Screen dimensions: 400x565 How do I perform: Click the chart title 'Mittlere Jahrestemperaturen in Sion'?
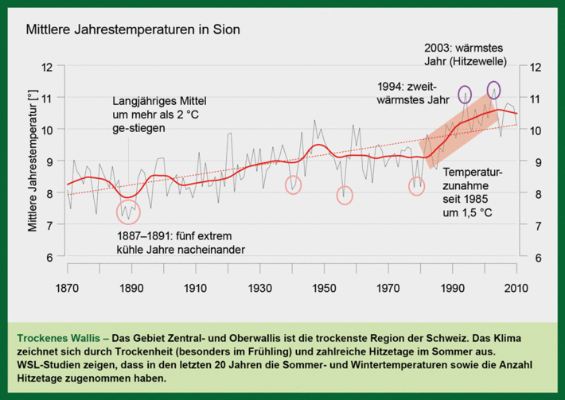click(x=133, y=31)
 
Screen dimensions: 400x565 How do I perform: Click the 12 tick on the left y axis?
click(x=49, y=67)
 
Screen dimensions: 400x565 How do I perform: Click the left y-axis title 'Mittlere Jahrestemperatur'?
click(x=33, y=161)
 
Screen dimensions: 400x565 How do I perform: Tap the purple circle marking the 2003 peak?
click(x=493, y=89)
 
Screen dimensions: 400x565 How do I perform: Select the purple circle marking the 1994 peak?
click(x=465, y=94)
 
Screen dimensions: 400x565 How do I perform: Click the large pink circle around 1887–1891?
click(x=128, y=212)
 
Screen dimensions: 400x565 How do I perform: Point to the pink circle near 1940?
click(x=294, y=184)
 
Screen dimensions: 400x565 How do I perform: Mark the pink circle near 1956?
click(x=345, y=195)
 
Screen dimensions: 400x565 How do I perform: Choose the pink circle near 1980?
click(x=417, y=186)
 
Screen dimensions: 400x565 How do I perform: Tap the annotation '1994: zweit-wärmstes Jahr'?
click(x=411, y=93)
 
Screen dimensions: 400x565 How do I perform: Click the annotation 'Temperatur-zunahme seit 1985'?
click(x=473, y=192)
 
